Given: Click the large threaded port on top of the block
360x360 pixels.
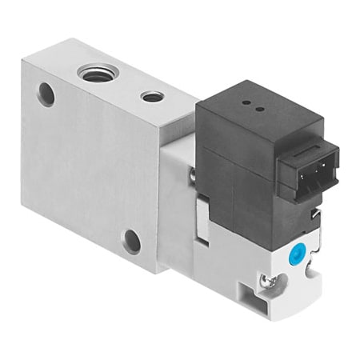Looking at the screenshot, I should tap(95, 74).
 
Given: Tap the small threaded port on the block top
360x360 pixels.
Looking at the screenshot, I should tap(152, 97).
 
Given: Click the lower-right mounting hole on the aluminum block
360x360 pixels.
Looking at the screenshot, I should tap(131, 240).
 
